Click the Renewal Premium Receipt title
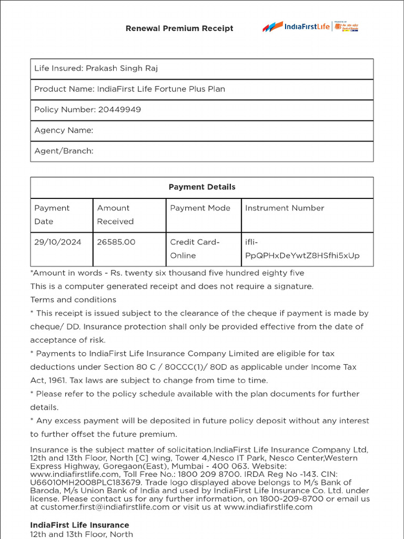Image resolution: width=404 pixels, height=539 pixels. (x=179, y=28)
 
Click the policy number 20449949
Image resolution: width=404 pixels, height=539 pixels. (x=119, y=109)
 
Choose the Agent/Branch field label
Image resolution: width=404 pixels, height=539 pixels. (x=64, y=151)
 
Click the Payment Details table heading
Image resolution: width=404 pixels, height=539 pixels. (x=202, y=187)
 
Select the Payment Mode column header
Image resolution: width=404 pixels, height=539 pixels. (x=200, y=208)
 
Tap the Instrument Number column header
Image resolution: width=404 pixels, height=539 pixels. (x=285, y=208)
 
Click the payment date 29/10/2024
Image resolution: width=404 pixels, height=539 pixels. (x=58, y=242)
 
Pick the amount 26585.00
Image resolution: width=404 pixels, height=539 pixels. (x=116, y=242)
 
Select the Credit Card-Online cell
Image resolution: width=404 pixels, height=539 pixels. (x=195, y=248)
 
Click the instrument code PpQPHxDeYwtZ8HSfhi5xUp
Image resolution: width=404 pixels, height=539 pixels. (x=302, y=256)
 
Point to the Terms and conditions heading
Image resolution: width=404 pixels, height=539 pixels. (x=73, y=300)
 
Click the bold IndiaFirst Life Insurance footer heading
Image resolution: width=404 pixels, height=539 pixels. (x=79, y=525)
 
